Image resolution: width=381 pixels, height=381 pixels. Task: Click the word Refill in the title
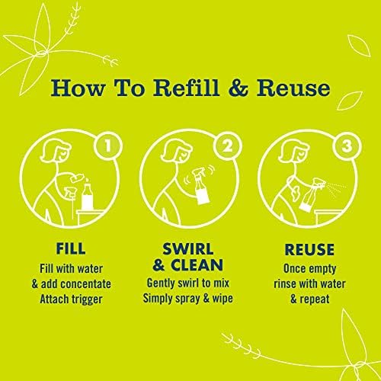(x=186, y=88)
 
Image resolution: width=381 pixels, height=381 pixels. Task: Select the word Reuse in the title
(x=293, y=88)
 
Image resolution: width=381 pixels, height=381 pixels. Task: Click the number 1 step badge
(x=108, y=146)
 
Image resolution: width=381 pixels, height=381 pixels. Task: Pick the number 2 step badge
(x=227, y=146)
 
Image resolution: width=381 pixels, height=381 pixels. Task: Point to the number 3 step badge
(x=347, y=146)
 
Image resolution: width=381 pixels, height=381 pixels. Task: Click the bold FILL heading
(x=71, y=248)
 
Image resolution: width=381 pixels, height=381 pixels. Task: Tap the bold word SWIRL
(x=187, y=249)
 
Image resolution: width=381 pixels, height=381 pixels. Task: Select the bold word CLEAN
(x=197, y=265)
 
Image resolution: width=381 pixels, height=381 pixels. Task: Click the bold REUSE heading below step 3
(x=309, y=249)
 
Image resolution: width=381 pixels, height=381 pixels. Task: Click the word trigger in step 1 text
(x=87, y=299)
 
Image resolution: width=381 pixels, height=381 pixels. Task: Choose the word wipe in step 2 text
(x=223, y=298)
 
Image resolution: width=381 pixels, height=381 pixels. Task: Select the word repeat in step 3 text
(x=315, y=299)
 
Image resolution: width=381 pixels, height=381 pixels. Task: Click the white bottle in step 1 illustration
(x=88, y=195)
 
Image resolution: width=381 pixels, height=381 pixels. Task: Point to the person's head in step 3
(x=293, y=152)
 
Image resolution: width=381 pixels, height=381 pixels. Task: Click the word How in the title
(x=78, y=88)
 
